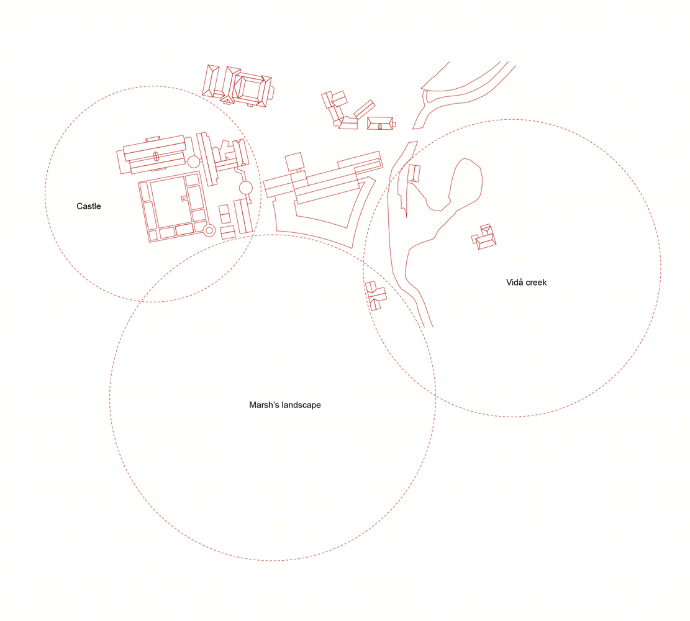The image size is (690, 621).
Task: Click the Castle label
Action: pyautogui.click(x=88, y=206)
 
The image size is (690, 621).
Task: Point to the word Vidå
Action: pyautogui.click(x=514, y=282)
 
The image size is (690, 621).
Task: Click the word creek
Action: pyautogui.click(x=537, y=282)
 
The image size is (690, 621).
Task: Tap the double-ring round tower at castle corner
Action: pyautogui.click(x=209, y=230)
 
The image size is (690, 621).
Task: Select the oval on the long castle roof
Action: pyautogui.click(x=155, y=156)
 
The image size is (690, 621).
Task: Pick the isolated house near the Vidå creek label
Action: pyautogui.click(x=484, y=237)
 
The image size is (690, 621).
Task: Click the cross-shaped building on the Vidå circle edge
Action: pyautogui.click(x=375, y=296)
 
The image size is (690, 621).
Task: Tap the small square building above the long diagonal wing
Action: pyautogui.click(x=294, y=162)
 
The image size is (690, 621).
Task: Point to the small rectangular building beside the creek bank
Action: pyautogui.click(x=414, y=173)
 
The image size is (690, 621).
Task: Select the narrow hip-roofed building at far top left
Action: pyautogui.click(x=211, y=81)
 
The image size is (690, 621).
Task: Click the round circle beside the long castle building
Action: pyautogui.click(x=194, y=162)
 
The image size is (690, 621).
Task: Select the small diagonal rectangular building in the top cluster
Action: pyautogui.click(x=365, y=109)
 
